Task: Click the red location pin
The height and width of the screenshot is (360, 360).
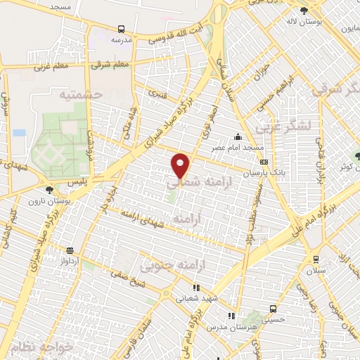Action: (181, 165)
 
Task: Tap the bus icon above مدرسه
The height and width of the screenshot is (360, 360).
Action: (122, 30)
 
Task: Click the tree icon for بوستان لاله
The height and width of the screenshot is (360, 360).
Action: (303, 11)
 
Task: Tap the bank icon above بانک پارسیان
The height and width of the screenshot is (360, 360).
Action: (264, 162)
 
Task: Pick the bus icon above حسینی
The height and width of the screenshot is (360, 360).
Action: (273, 308)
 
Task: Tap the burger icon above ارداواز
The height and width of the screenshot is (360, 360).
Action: (70, 250)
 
